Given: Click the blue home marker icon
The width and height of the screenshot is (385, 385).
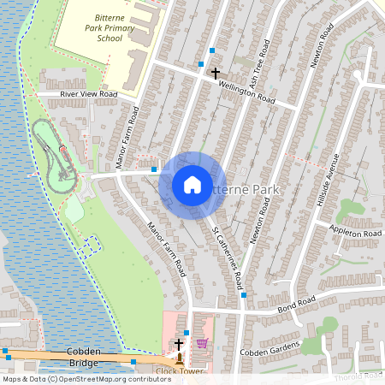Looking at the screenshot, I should pos(192,185).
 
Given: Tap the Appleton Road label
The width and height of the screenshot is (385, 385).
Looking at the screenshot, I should pos(354,233).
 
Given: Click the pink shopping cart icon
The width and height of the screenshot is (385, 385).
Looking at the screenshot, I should pos(202,343).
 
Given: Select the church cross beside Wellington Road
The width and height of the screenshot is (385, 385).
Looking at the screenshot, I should pos(216,74).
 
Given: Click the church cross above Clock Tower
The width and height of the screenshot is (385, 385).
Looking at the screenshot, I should pos(179,344).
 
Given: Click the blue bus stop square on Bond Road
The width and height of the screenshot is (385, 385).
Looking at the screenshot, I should pos(244,295).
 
